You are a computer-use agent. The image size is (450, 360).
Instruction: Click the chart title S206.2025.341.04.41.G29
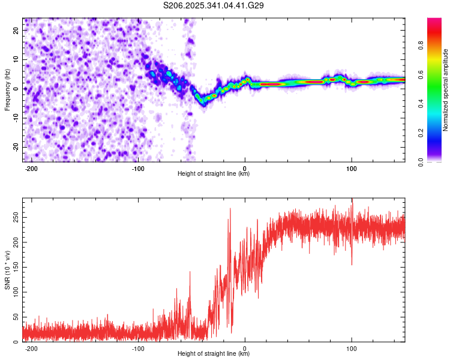[214, 5]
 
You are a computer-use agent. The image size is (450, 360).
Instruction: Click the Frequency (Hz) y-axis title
[7, 90]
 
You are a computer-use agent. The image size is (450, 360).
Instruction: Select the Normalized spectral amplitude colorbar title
[445, 90]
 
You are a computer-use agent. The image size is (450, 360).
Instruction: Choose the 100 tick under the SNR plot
[352, 347]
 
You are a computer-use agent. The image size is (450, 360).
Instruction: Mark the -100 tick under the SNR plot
[138, 347]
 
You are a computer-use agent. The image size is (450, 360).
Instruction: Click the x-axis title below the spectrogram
[214, 174]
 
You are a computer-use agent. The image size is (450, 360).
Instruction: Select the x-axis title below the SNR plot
[214, 354]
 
